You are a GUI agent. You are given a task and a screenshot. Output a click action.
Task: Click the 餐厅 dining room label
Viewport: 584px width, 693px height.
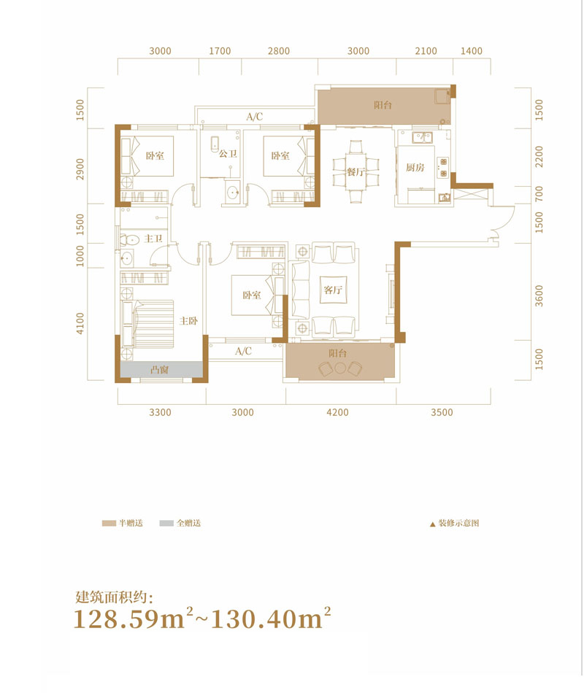tap(356, 171)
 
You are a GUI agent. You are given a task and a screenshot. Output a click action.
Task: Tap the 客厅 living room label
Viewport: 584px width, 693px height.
tap(333, 290)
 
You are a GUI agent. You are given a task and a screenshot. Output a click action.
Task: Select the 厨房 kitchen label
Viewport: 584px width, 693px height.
tap(415, 167)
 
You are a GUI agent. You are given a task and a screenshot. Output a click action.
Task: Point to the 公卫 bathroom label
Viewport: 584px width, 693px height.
tap(228, 154)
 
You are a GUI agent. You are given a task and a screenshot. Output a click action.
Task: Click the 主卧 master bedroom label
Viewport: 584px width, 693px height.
tap(188, 321)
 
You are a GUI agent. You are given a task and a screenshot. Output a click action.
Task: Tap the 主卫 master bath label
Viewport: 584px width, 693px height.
tap(153, 239)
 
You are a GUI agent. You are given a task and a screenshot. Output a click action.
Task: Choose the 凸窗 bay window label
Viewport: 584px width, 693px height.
tap(159, 370)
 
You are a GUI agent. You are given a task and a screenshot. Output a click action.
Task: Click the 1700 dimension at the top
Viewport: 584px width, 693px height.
tap(220, 51)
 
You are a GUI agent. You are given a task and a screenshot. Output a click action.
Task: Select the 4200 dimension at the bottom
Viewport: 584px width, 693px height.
tap(337, 412)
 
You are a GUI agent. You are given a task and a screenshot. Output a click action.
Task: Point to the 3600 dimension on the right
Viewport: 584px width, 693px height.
tap(539, 295)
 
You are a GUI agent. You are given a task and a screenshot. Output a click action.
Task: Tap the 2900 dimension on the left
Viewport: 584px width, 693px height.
tap(80, 169)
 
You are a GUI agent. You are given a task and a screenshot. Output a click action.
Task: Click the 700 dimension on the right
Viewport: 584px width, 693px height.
tap(539, 193)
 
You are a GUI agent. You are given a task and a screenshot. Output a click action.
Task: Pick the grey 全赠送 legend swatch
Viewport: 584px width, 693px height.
tap(166, 523)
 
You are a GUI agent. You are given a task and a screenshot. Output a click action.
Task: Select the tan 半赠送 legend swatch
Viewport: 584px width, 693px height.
tap(109, 523)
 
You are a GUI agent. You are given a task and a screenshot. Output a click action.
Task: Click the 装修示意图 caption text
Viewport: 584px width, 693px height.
tap(458, 523)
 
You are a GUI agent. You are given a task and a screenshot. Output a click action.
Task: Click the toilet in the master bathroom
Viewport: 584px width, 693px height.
tap(129, 240)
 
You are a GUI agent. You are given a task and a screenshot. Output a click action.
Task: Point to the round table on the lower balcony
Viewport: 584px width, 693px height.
tap(339, 368)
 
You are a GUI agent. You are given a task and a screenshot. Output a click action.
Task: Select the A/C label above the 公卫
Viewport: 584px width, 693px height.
tap(254, 117)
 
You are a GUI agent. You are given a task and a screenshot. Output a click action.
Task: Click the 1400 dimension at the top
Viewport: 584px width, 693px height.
tap(471, 51)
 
